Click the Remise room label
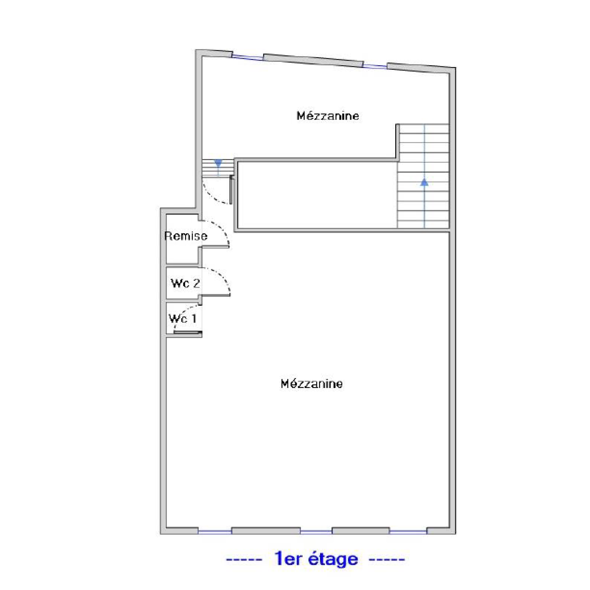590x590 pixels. click(x=186, y=236)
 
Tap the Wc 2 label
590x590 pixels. click(x=185, y=283)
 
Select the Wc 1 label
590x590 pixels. click(x=183, y=318)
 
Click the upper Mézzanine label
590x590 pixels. click(x=328, y=116)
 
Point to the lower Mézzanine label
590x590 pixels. click(x=312, y=384)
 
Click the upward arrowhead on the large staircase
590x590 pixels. click(x=424, y=182)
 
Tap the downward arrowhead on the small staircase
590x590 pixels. click(x=218, y=163)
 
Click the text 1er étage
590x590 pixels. click(x=316, y=559)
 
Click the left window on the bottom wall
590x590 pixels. click(x=215, y=531)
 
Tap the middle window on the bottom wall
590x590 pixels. click(x=316, y=531)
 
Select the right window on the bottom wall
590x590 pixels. click(x=408, y=531)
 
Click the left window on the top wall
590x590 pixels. click(x=248, y=57)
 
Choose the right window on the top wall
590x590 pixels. click(x=375, y=66)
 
